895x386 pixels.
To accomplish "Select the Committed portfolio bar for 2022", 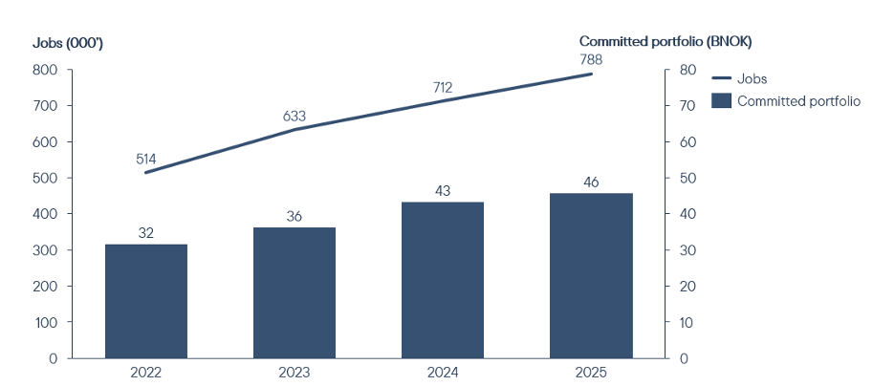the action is pos(146,301).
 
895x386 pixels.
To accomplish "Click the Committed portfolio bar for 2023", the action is pos(295,292).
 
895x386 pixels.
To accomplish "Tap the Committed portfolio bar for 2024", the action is pos(443,280).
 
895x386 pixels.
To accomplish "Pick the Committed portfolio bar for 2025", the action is pos(591,275).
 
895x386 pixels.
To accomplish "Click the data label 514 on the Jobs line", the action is pos(146,159).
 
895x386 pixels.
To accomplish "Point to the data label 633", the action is pos(295,117).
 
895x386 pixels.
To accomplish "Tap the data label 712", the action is pos(443,88).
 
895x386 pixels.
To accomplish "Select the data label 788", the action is pos(591,60).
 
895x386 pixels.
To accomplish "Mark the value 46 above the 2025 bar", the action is pos(591,182).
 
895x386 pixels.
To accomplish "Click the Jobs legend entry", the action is pos(740,79).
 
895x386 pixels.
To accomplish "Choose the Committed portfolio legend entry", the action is pos(786,101).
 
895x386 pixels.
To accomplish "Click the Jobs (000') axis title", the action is pos(67,43).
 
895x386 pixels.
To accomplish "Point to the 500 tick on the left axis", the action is pos(46,178).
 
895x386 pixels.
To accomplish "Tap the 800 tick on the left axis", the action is pos(46,70).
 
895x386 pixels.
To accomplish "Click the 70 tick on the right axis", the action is pos(688,105).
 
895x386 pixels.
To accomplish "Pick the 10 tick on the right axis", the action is pos(688,322).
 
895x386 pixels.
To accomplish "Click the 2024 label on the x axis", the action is pos(443,374).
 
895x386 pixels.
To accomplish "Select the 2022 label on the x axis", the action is pos(146,374).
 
